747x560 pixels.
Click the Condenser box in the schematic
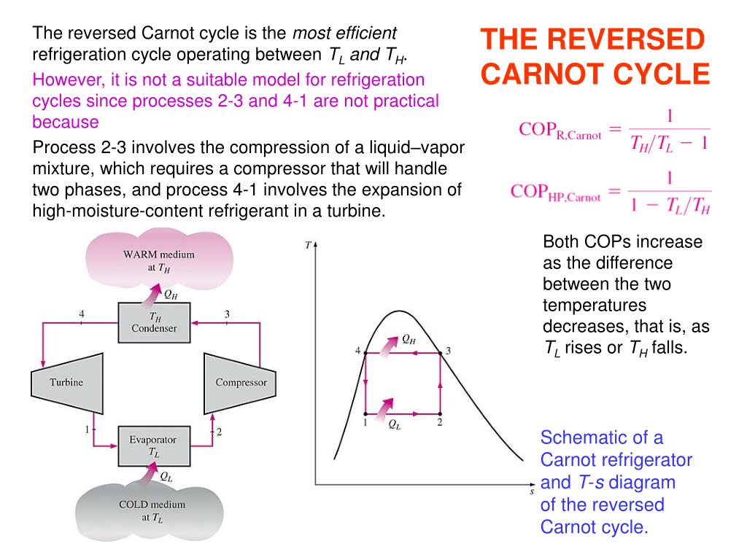click(154, 322)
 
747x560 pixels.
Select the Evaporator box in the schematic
click(153, 446)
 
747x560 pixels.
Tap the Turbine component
click(66, 382)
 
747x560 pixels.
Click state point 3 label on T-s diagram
click(448, 351)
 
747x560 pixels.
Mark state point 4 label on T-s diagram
click(358, 351)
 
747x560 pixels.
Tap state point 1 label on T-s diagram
click(364, 423)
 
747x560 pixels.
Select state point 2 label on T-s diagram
click(439, 423)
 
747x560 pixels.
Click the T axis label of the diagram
click(308, 246)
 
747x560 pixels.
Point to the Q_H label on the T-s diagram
click(409, 339)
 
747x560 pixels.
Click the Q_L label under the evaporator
click(166, 477)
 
